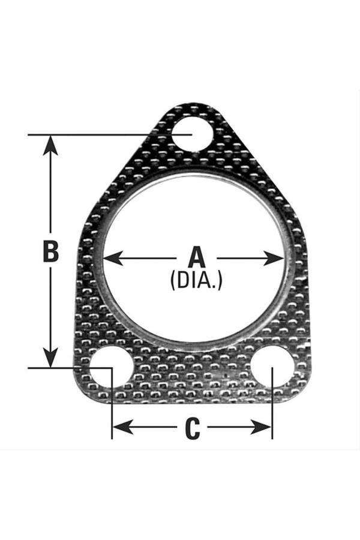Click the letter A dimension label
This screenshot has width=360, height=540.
[197, 257]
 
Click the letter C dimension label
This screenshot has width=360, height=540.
[192, 428]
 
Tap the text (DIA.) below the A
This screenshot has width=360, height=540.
[196, 280]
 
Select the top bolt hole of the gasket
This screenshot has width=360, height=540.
[192, 134]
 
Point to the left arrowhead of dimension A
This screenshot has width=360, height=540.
[113, 258]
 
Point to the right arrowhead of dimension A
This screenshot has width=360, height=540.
[274, 258]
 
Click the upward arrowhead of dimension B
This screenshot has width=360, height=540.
[51, 145]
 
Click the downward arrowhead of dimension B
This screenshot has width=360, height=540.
[51, 358]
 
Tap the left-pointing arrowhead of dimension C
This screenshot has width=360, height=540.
[123, 427]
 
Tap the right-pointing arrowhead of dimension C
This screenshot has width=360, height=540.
[262, 427]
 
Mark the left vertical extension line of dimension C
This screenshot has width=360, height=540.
[112, 403]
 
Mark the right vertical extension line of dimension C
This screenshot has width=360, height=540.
[272, 403]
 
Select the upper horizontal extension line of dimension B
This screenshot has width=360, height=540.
[110, 134]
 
